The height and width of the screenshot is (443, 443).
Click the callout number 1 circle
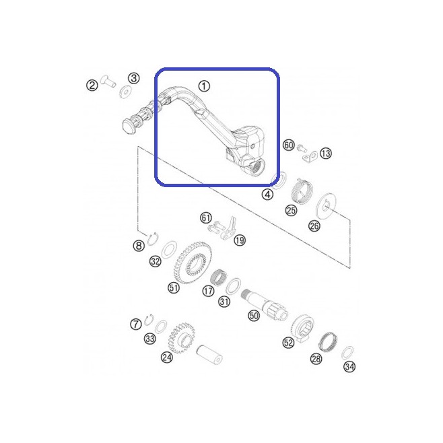pos(204,86)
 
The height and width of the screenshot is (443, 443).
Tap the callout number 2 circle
pos(92,85)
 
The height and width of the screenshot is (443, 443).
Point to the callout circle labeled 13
pos(326,154)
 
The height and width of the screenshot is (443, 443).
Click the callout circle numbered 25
pos(291,210)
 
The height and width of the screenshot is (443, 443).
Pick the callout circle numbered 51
pos(174,287)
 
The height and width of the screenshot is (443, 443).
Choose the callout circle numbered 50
pos(254,315)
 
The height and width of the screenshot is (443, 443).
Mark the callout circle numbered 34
pos(349,367)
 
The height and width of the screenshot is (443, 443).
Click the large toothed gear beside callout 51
pos(193,262)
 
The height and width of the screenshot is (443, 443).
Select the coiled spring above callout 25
pos(302,191)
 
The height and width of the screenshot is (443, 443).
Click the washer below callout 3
pos(125,92)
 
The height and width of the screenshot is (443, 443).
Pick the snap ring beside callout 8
pos(154,239)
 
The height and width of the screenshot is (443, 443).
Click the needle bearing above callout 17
pos(219,277)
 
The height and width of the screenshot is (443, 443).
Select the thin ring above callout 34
pos(347,353)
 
